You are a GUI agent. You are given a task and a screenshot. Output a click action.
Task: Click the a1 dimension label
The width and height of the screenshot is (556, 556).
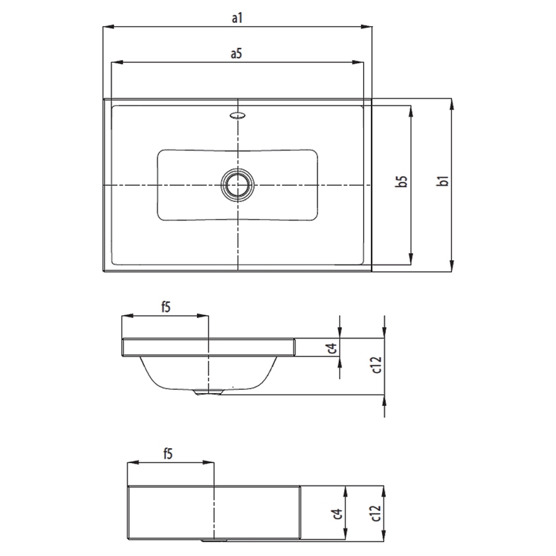pyautogui.click(x=237, y=18)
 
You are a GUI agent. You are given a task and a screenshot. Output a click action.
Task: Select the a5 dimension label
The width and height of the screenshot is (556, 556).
pyautogui.click(x=237, y=54)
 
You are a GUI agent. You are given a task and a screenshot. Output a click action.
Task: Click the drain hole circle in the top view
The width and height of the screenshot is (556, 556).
pyautogui.click(x=237, y=184)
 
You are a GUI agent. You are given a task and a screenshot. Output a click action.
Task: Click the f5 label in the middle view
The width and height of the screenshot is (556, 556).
pyautogui.click(x=165, y=307)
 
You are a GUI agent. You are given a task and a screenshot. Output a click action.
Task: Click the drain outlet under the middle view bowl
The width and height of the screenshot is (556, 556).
pyautogui.click(x=208, y=392)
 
